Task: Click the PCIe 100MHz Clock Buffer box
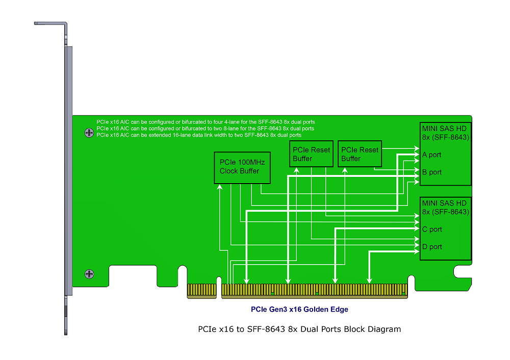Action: pyautogui.click(x=242, y=167)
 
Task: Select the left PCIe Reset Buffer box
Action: pyautogui.click(x=311, y=154)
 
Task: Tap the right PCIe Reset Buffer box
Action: pyautogui.click(x=360, y=154)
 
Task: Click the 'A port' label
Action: pyautogui.click(x=431, y=155)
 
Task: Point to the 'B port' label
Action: pyautogui.click(x=431, y=172)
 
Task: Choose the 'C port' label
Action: pyautogui.click(x=431, y=229)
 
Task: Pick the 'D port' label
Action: pyautogui.click(x=431, y=247)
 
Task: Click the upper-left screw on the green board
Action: pyautogui.click(x=89, y=133)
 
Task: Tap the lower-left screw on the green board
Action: pyautogui.click(x=89, y=274)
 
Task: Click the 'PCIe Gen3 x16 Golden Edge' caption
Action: pyautogui.click(x=299, y=309)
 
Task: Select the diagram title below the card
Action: pyautogui.click(x=299, y=329)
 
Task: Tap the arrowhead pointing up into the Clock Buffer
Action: pyautogui.click(x=219, y=187)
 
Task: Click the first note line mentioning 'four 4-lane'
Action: pyautogui.click(x=206, y=122)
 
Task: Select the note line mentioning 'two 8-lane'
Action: pyautogui.click(x=205, y=128)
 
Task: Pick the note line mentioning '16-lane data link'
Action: pyautogui.click(x=199, y=135)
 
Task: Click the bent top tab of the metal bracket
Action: pyautogui.click(x=50, y=23)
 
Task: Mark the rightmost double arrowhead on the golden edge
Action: pyautogui.click(x=370, y=279)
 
